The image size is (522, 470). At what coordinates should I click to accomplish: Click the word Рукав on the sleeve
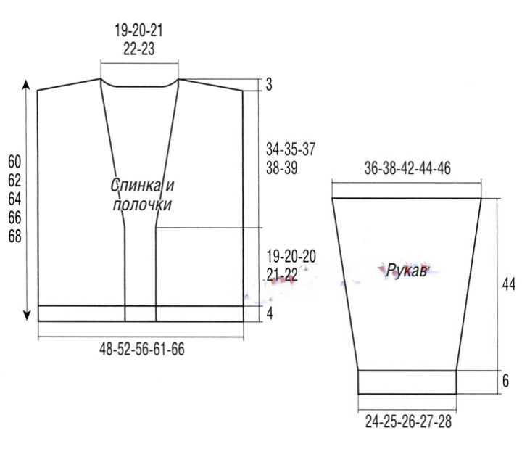click(x=406, y=271)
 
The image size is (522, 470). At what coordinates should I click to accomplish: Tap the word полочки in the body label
click(x=142, y=205)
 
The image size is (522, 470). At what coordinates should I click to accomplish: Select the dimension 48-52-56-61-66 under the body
click(x=142, y=349)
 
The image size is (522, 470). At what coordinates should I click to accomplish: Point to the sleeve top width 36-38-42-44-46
click(x=407, y=168)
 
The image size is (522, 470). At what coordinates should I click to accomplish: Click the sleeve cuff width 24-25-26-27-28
click(x=408, y=421)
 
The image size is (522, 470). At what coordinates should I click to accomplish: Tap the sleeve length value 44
click(x=509, y=285)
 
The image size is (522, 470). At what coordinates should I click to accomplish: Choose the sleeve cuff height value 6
click(x=505, y=381)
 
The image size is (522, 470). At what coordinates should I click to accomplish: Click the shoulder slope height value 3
click(x=269, y=85)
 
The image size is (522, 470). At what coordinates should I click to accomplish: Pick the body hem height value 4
click(x=269, y=313)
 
